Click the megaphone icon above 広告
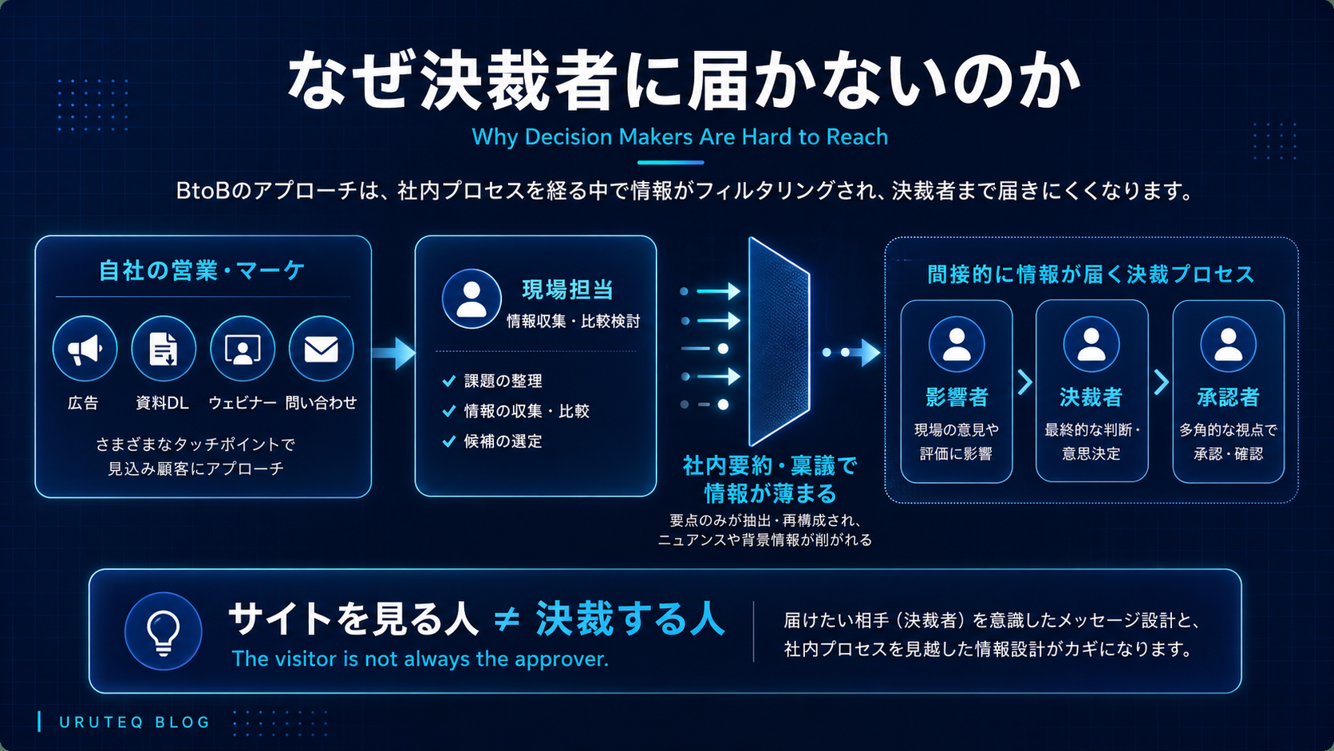(85, 349)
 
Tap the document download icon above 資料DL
(164, 349)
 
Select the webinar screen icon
(242, 349)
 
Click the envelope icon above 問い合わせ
(321, 349)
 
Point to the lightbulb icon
(164, 630)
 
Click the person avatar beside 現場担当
(472, 298)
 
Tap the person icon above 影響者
(956, 344)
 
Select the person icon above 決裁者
(1091, 344)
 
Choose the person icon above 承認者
(1228, 344)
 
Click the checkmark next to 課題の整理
(449, 381)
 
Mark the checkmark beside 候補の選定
(449, 441)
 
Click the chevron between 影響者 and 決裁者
(1024, 381)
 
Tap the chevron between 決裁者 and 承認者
(1161, 381)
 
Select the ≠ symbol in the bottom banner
(507, 619)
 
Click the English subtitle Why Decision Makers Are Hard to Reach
(680, 137)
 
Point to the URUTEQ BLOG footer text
(135, 722)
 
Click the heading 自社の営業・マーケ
(202, 271)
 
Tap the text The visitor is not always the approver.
(420, 659)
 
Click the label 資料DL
(162, 403)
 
